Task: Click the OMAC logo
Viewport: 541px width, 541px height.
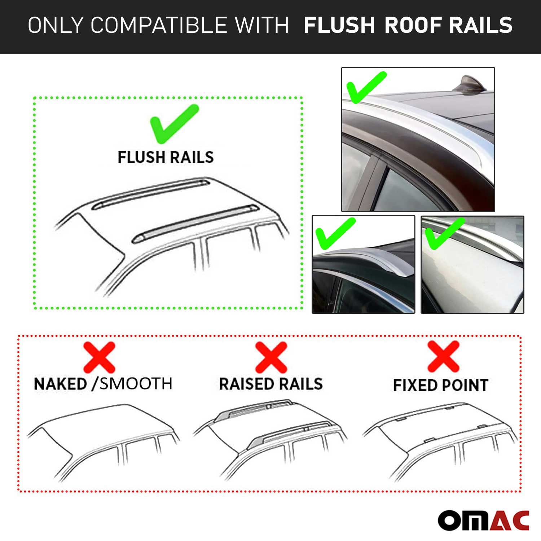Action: coord(484,520)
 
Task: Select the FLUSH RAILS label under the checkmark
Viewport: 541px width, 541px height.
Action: coord(166,157)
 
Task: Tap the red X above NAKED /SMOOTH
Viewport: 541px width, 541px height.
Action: coord(99,357)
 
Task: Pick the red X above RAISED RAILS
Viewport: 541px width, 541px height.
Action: coord(271,357)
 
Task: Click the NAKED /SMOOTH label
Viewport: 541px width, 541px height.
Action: coord(103,384)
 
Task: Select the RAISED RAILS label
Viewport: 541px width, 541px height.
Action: coord(271,384)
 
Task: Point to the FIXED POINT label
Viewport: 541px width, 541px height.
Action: coord(440,385)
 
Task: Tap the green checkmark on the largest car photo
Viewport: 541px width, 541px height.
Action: coord(365,88)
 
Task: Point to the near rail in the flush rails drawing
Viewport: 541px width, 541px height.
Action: coord(195,224)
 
